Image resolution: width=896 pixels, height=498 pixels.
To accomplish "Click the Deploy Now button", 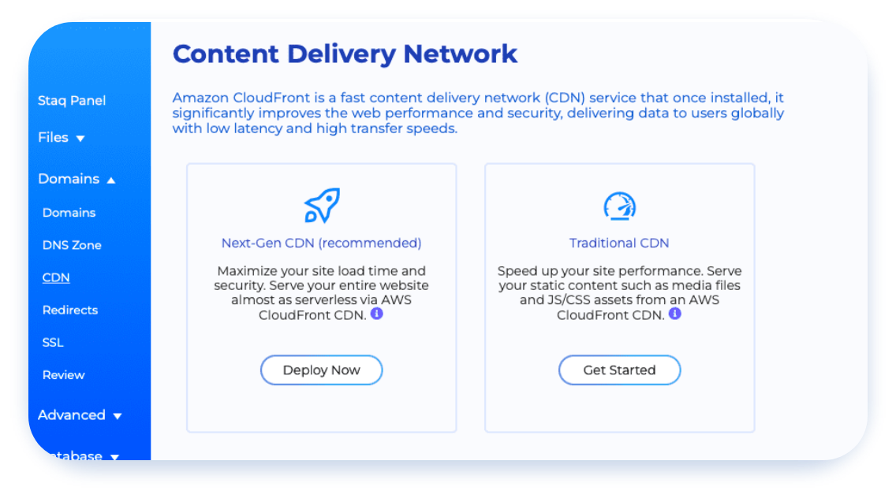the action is pos(321,370).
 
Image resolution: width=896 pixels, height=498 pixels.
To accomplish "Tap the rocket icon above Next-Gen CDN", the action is pos(322,205).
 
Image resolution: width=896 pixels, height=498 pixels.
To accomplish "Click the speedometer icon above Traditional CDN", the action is pos(619,206).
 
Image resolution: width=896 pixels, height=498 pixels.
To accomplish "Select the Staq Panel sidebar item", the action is pos(72,101).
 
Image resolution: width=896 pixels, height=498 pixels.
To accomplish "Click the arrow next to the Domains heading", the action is pos(111,180).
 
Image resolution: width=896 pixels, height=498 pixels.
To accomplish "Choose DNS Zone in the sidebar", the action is pos(72,245).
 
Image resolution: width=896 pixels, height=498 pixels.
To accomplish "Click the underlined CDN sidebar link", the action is pos(56,277).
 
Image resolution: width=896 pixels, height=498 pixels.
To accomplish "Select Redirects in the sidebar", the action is pos(70,310).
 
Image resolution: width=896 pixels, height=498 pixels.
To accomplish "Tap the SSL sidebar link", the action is pos(53,343).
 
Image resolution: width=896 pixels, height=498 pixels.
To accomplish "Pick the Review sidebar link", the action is pos(63,375).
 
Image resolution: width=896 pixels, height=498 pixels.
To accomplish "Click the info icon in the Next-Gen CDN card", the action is pos(376,314).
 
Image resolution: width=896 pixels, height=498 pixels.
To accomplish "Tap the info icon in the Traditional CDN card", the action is pos(675,314).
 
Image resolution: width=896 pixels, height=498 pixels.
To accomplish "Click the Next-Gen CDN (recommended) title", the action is pos(321,243).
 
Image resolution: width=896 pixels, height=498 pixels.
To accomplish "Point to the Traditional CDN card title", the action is pos(619,243).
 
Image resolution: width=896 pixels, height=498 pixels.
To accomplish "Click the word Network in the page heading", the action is pos(460,54).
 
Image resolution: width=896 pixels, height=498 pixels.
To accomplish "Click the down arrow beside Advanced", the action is pos(118,416).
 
